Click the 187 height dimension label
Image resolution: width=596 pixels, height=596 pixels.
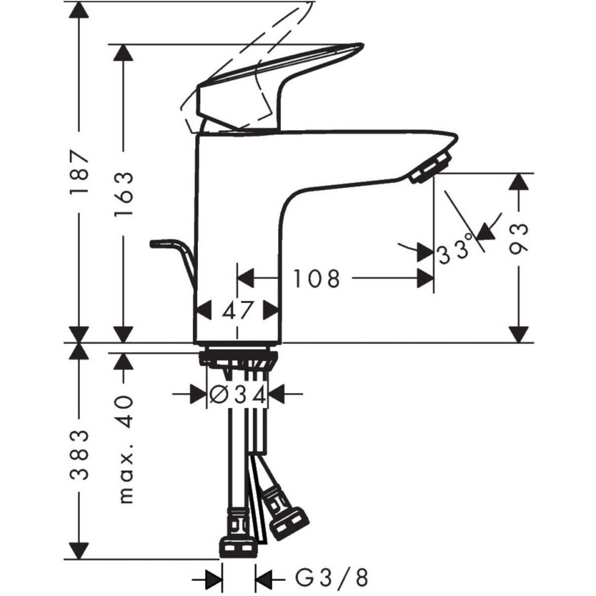click(79, 173)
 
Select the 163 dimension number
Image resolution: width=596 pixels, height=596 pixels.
click(124, 194)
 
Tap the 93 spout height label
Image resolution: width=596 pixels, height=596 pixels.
click(519, 238)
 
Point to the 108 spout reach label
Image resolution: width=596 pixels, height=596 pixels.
click(316, 278)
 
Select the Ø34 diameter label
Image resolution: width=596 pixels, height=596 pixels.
click(238, 396)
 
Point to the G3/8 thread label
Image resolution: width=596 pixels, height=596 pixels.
click(332, 579)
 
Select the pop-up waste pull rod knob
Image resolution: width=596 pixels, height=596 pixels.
click(160, 244)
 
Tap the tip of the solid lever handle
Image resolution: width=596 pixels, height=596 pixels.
click(363, 46)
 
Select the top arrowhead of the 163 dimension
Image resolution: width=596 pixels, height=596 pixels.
click(124, 53)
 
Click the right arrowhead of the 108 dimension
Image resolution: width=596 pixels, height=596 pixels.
click(425, 278)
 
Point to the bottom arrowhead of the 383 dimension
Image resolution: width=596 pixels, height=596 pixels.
click(79, 551)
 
